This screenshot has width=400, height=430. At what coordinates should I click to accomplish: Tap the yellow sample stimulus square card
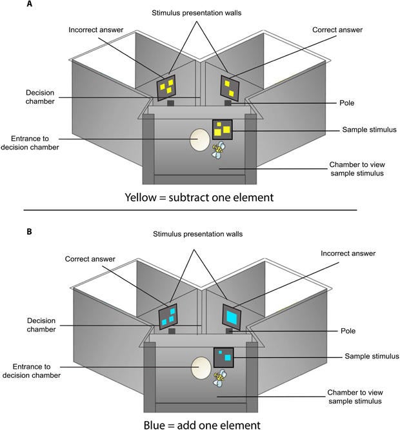click(x=222, y=130)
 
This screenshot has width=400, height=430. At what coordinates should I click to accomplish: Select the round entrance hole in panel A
click(x=199, y=139)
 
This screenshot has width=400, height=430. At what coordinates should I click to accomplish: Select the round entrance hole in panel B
click(x=201, y=367)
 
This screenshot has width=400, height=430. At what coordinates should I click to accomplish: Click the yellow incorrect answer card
click(x=167, y=87)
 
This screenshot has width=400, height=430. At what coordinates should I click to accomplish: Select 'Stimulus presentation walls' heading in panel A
click(x=200, y=13)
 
